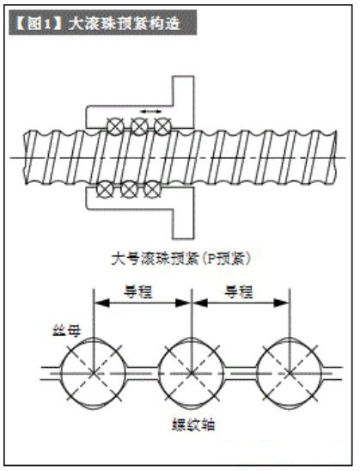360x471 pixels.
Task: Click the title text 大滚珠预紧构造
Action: [125, 23]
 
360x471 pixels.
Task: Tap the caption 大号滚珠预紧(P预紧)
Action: [180, 259]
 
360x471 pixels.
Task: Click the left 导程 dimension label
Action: [138, 291]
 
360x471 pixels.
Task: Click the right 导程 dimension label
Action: [240, 291]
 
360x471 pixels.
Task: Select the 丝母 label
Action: [67, 331]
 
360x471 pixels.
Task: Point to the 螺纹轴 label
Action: [193, 425]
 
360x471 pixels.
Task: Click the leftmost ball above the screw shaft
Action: [116, 126]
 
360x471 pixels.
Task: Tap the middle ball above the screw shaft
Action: [139, 126]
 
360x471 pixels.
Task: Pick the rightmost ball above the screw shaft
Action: [162, 126]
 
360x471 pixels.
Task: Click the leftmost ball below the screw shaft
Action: [105, 190]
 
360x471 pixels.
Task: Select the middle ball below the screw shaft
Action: [129, 190]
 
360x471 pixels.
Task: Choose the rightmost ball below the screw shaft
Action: [152, 190]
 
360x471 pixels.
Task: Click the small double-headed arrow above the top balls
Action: [151, 112]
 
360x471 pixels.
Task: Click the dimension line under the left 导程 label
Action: [143, 303]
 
